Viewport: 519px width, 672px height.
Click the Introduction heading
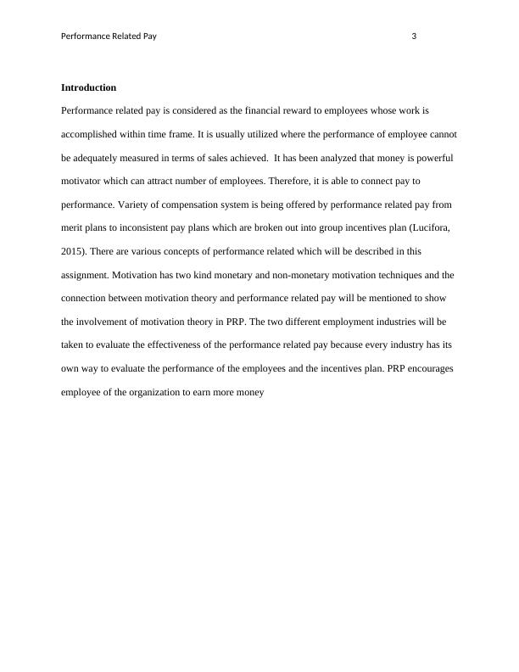click(x=89, y=88)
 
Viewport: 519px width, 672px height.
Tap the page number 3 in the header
click(x=414, y=36)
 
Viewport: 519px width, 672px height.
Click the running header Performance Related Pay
click(x=109, y=36)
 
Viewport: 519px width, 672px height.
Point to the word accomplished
click(x=92, y=135)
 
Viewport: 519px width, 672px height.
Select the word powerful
click(x=434, y=159)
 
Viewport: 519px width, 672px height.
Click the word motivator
click(x=84, y=182)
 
